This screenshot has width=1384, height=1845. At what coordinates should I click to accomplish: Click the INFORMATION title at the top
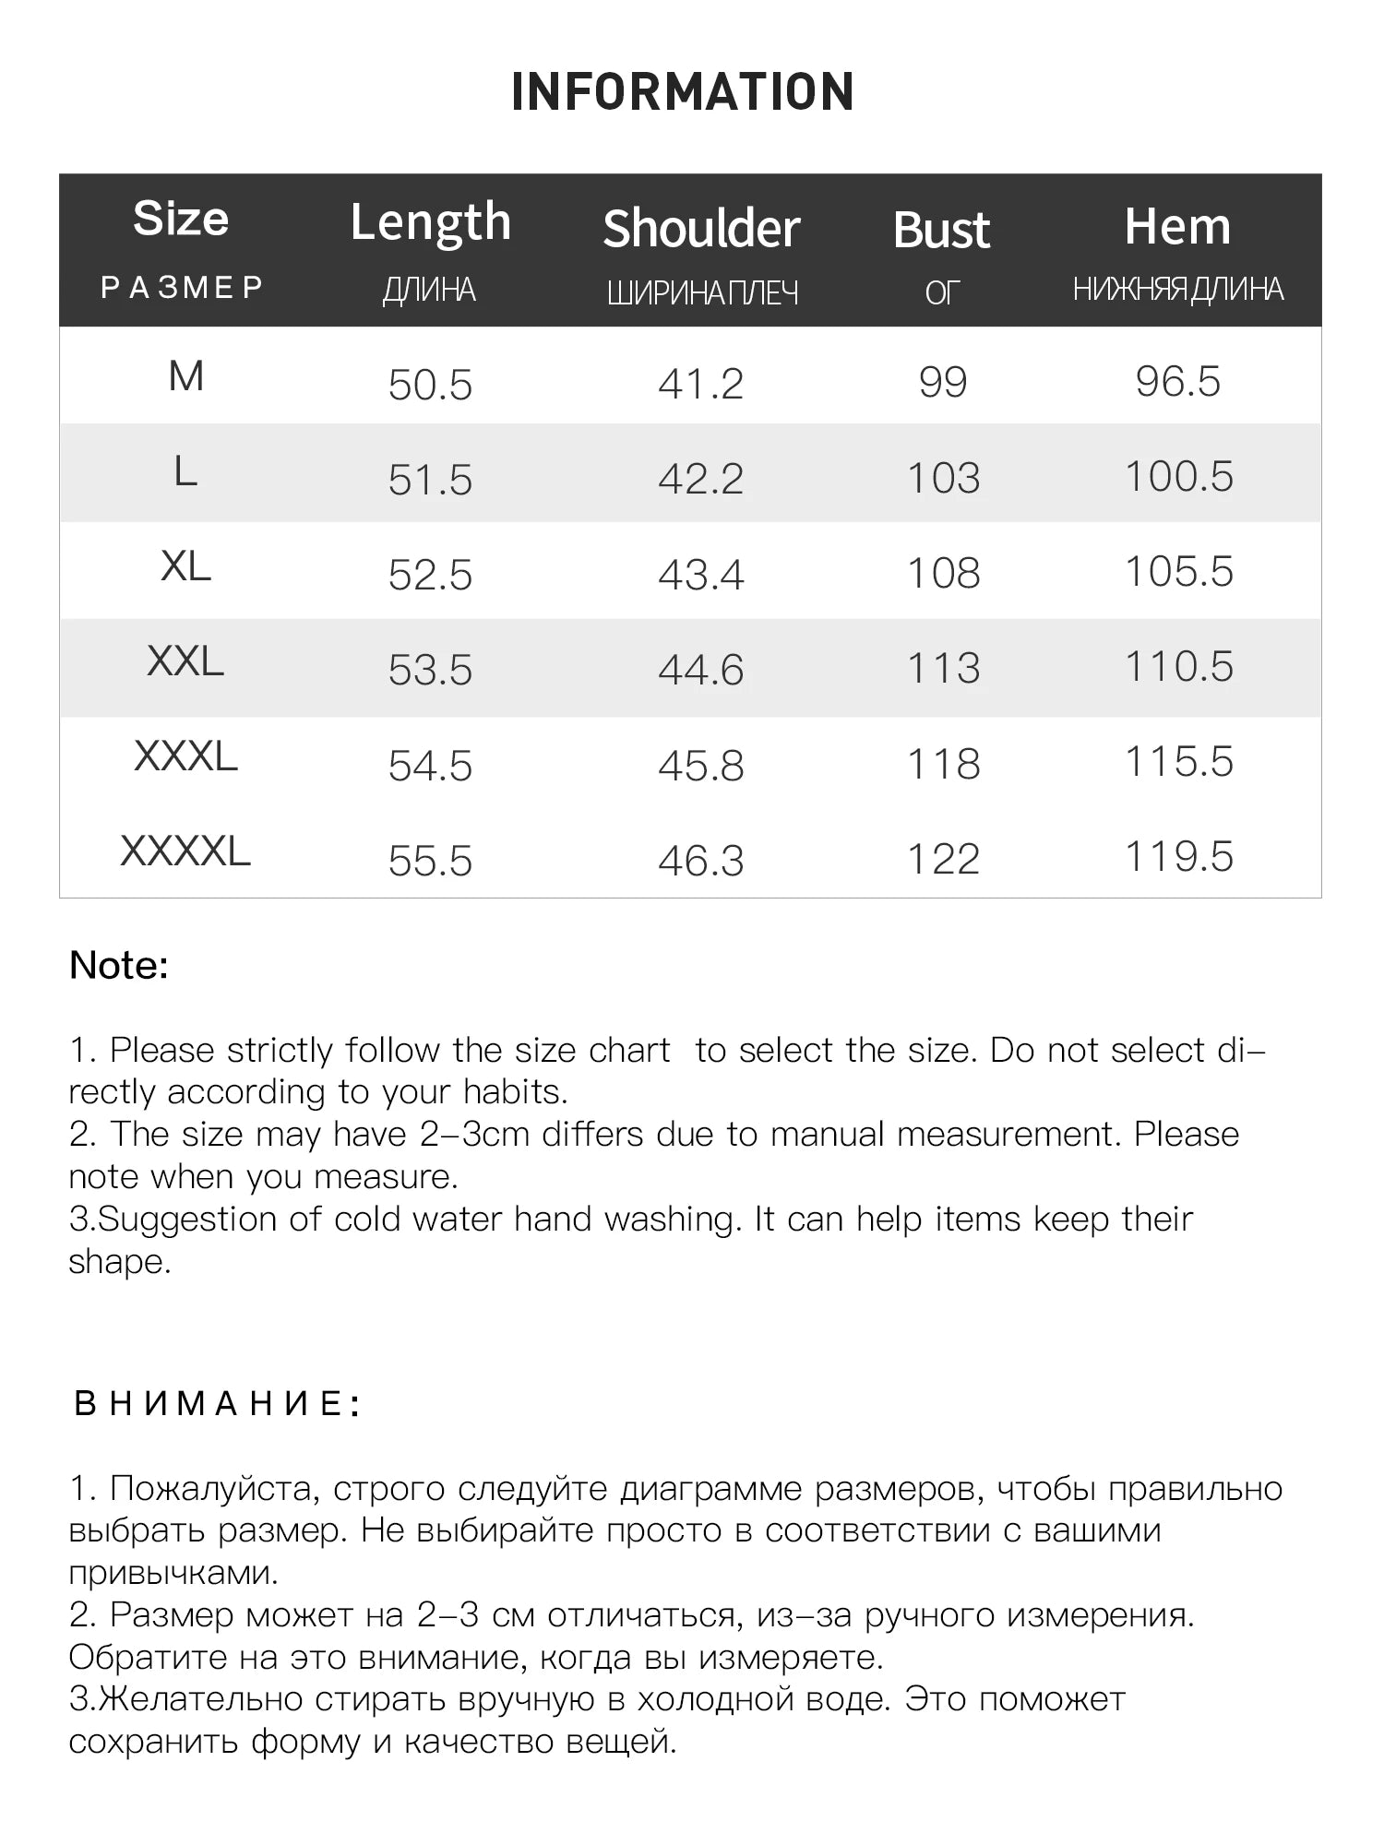(683, 91)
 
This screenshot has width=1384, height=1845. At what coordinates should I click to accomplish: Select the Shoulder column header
(701, 230)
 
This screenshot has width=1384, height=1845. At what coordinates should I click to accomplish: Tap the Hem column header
(1177, 227)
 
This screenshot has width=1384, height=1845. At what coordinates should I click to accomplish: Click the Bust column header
(941, 231)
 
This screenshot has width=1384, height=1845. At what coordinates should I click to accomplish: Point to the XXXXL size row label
(185, 851)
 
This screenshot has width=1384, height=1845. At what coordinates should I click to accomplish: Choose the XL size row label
(185, 566)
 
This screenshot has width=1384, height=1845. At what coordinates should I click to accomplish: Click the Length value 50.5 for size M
(430, 385)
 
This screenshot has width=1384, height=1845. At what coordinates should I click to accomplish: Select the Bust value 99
(942, 383)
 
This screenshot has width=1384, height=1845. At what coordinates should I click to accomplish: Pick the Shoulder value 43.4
(700, 575)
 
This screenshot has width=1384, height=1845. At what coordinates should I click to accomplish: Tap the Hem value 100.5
(1178, 477)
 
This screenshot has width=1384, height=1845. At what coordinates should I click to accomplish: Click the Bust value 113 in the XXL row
(943, 668)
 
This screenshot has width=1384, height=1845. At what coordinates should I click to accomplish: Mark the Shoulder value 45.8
(700, 766)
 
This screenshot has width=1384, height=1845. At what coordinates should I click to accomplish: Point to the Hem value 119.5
(1178, 857)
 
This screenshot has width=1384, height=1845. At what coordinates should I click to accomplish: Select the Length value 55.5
(430, 861)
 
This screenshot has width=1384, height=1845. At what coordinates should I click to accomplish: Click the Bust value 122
(943, 860)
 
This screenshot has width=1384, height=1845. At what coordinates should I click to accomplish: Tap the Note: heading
(119, 966)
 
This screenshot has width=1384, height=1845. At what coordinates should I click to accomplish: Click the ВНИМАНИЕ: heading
(217, 1404)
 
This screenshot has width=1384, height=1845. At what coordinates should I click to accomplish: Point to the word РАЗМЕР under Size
(182, 288)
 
